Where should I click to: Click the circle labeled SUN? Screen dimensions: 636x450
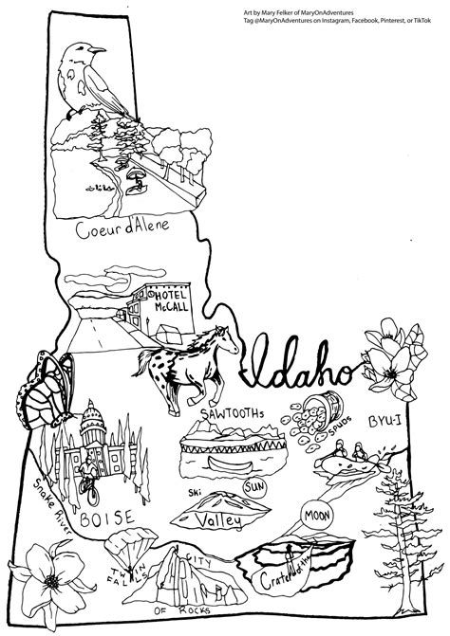(x=255, y=487)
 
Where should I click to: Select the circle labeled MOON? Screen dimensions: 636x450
(x=316, y=517)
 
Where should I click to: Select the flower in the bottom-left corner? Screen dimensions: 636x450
(x=49, y=577)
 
